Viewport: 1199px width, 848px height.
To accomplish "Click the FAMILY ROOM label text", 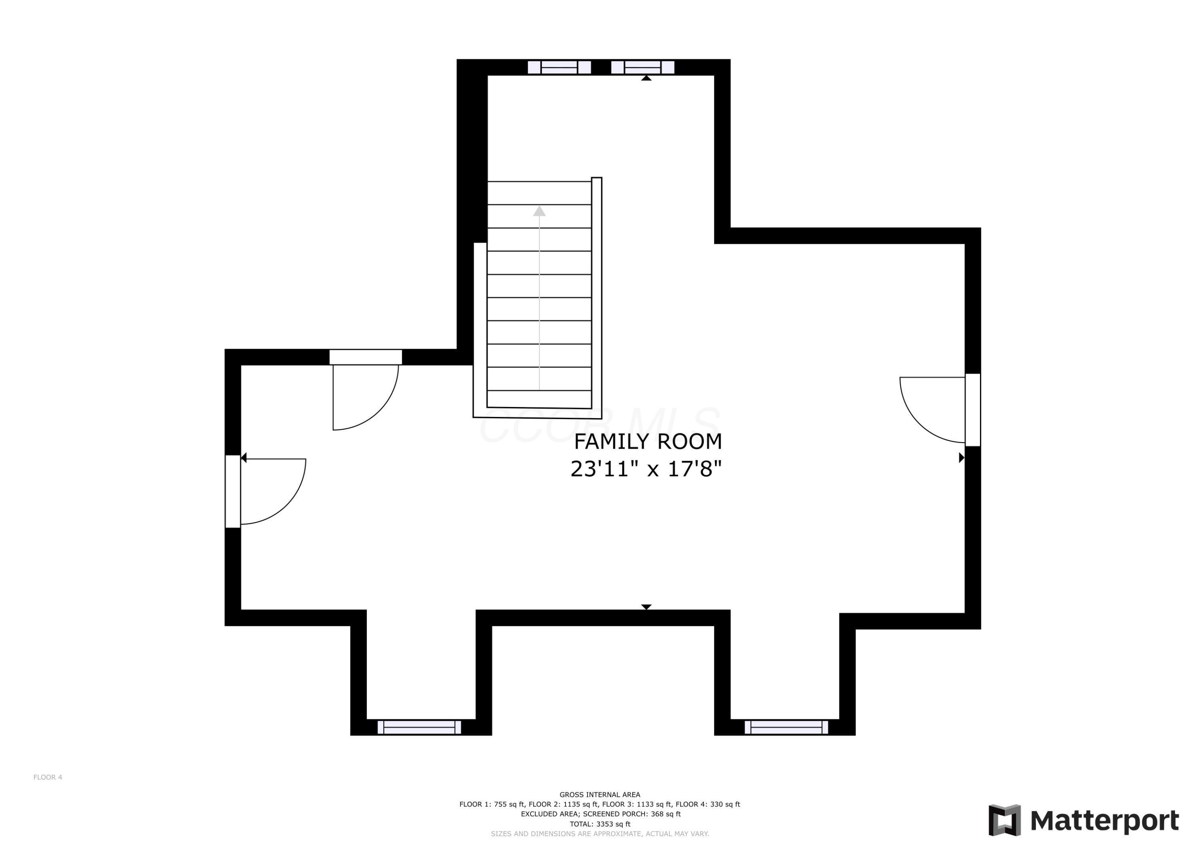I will coord(647,442).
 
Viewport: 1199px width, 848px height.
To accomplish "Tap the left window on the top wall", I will coord(559,68).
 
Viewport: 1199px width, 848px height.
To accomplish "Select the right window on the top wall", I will coord(642,68).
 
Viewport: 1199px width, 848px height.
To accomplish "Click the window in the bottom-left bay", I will coord(419,727).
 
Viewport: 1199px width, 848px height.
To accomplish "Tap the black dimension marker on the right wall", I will coord(961,458).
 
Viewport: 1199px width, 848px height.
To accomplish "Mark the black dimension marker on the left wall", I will coord(244,458).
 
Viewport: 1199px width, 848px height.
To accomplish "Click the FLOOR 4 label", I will coord(48,777).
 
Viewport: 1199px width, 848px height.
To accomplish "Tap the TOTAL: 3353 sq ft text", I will coord(599,824).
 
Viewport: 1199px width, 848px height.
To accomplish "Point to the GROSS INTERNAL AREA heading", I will coord(599,795).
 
